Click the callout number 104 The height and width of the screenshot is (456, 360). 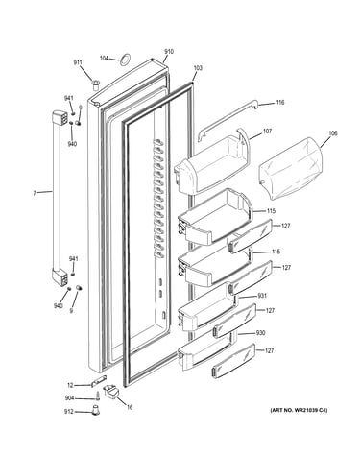[x=104, y=59]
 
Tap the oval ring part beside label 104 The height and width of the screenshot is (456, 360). [x=125, y=60]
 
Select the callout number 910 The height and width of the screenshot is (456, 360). [x=169, y=52]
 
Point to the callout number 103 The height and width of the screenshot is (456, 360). [x=198, y=68]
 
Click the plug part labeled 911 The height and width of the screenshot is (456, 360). [x=95, y=85]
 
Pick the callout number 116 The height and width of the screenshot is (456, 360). [x=280, y=103]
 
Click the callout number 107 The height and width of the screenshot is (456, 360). [x=267, y=132]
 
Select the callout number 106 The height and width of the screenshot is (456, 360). [x=333, y=133]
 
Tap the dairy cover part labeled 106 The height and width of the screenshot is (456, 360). [x=291, y=168]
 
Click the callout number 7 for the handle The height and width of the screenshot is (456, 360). [x=35, y=193]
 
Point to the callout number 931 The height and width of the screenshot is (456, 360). [x=262, y=296]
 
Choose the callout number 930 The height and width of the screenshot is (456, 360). [x=261, y=333]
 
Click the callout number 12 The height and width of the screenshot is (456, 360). [x=70, y=385]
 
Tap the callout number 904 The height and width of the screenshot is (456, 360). [x=69, y=398]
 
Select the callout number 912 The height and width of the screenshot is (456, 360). [x=69, y=412]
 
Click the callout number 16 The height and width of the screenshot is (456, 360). [x=130, y=408]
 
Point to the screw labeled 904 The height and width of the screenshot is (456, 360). [x=97, y=396]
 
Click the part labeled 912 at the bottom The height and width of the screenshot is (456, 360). [x=95, y=410]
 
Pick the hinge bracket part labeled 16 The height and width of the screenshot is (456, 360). [x=111, y=391]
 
